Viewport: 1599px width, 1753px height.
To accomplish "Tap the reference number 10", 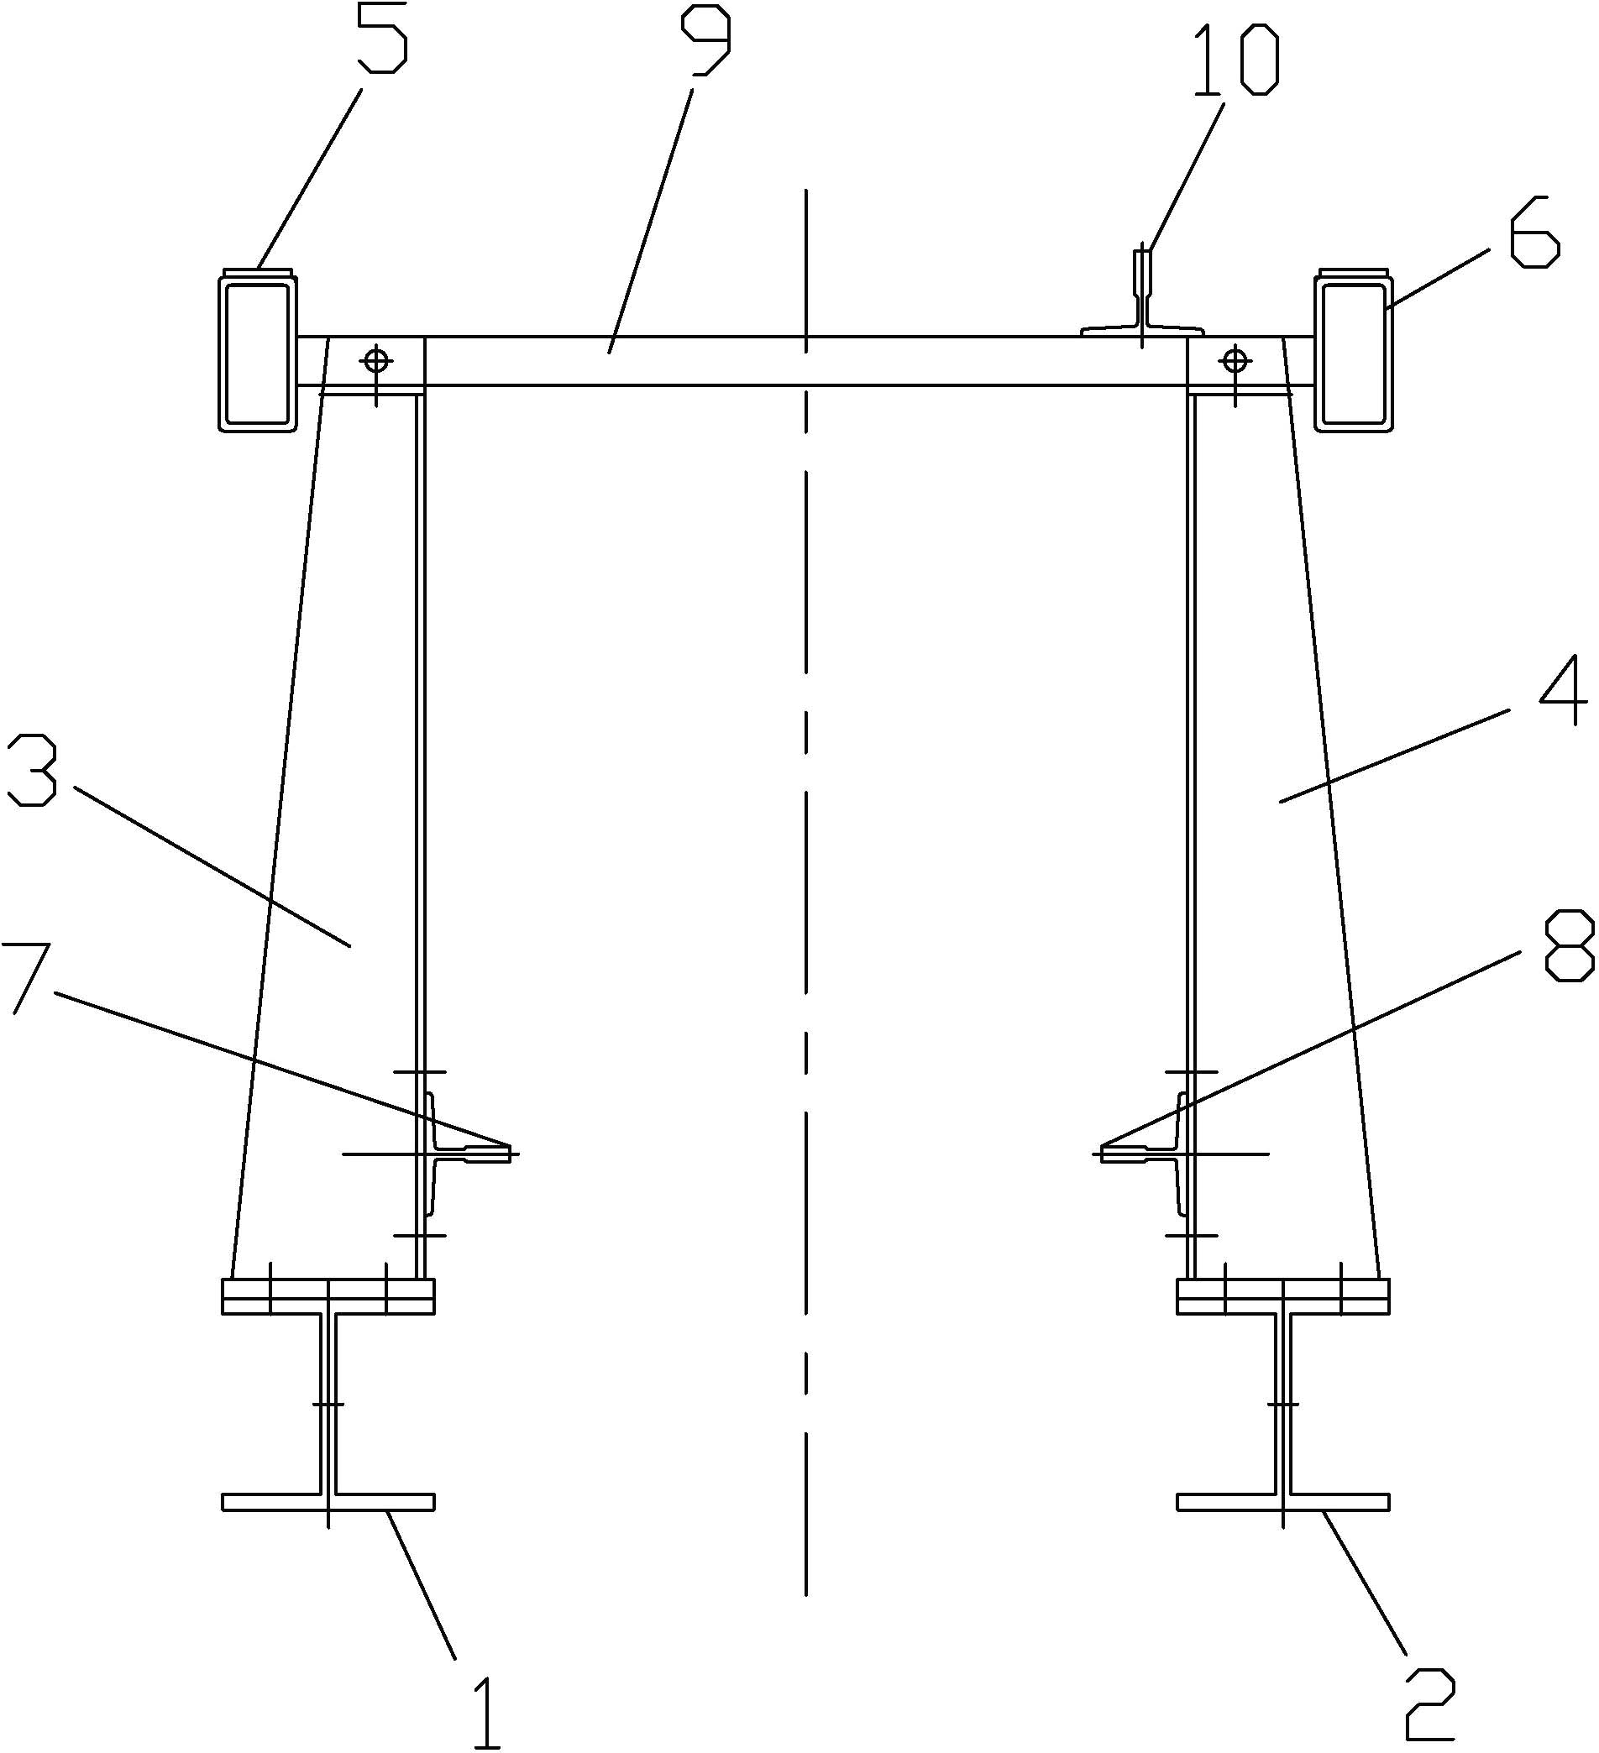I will click(1235, 60).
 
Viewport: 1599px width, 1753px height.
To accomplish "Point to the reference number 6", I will click(1533, 236).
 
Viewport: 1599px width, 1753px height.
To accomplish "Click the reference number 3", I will click(33, 772).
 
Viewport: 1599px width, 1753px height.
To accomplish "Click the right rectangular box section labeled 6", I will click(1354, 353).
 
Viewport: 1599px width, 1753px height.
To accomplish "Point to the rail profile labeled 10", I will click(1141, 304).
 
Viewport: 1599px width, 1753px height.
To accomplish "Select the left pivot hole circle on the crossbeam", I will click(376, 359).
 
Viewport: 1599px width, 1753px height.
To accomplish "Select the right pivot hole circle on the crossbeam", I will click(1235, 359).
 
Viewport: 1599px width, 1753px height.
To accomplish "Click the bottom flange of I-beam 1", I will click(328, 1502).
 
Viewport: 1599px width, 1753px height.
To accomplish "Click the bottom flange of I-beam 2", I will click(1283, 1502).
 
